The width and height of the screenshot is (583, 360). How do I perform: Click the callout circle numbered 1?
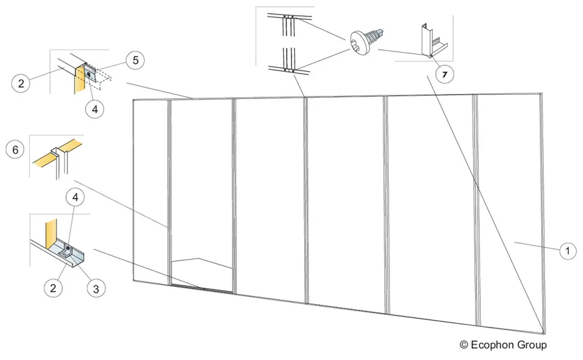pos(567,251)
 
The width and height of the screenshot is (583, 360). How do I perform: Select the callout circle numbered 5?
pos(135,60)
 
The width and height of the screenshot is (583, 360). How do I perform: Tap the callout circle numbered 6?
pos(15,149)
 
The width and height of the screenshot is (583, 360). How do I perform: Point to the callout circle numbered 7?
pos(445,74)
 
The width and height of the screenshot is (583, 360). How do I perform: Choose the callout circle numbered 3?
pos(96,288)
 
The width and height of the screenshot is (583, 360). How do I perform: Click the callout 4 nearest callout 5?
pos(95,109)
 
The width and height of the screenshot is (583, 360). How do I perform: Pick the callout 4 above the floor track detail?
pos(76,197)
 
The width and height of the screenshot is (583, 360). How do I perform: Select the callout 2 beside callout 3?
pos(53,288)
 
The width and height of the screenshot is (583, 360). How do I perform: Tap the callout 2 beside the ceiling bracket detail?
pos(21,83)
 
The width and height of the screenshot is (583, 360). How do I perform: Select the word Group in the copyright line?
pos(532,345)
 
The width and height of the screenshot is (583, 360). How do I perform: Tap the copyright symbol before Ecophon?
pos(464,345)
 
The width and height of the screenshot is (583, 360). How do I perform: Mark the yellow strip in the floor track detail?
pos(51,234)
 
